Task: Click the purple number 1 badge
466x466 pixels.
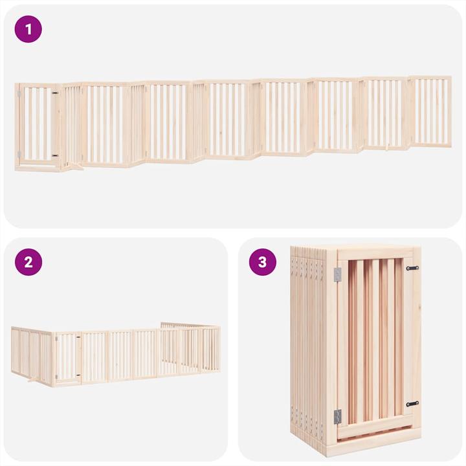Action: click(28, 29)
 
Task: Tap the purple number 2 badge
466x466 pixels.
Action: click(28, 262)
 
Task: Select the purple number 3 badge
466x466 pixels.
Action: click(262, 262)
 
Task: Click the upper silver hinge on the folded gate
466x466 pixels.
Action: click(338, 274)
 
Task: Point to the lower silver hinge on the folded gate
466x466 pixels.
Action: click(338, 416)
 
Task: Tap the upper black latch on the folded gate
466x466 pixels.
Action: click(412, 268)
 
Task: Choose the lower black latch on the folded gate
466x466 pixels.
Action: click(412, 404)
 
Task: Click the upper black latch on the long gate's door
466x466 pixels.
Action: click(55, 93)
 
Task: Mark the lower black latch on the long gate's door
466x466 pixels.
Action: click(55, 155)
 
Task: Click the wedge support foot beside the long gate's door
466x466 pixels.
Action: click(75, 168)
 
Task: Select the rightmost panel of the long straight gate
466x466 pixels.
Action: click(431, 111)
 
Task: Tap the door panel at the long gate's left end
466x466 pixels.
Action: click(37, 124)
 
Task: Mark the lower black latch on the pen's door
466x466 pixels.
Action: click(79, 375)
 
